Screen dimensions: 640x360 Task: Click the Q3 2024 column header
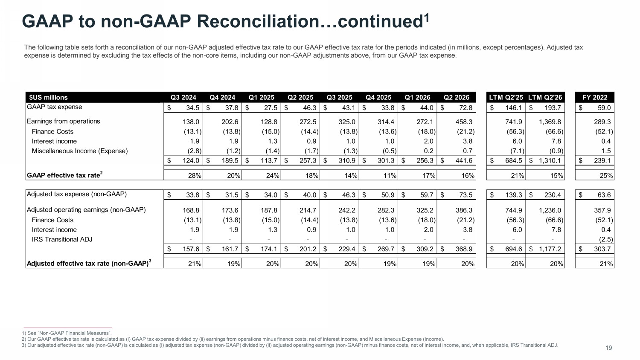tap(183, 97)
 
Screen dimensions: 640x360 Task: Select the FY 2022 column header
tap(595, 97)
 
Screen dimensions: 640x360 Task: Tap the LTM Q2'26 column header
tap(545, 97)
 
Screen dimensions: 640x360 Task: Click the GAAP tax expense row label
tap(54, 107)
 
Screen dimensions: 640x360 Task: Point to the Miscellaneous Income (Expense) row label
tap(80, 151)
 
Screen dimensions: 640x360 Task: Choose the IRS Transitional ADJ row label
tap(62, 239)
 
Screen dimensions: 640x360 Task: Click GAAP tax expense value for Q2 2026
tap(466, 108)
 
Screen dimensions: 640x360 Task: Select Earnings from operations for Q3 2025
tap(347, 122)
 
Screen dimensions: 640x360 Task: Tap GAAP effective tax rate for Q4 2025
tap(390, 176)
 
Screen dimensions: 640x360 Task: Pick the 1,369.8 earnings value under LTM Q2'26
tap(550, 122)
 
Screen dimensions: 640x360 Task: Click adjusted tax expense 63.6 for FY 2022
tap(604, 195)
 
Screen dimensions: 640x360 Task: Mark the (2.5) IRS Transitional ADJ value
tap(606, 239)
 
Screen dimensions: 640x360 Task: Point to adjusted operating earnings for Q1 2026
tap(425, 210)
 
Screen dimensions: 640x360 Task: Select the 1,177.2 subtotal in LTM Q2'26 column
tap(550, 249)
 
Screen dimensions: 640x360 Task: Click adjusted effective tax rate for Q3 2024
tap(195, 264)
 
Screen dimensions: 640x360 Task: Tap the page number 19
tap(609, 348)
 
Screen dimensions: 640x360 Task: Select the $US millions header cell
tap(48, 97)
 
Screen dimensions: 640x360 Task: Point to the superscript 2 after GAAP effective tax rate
tap(102, 173)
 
